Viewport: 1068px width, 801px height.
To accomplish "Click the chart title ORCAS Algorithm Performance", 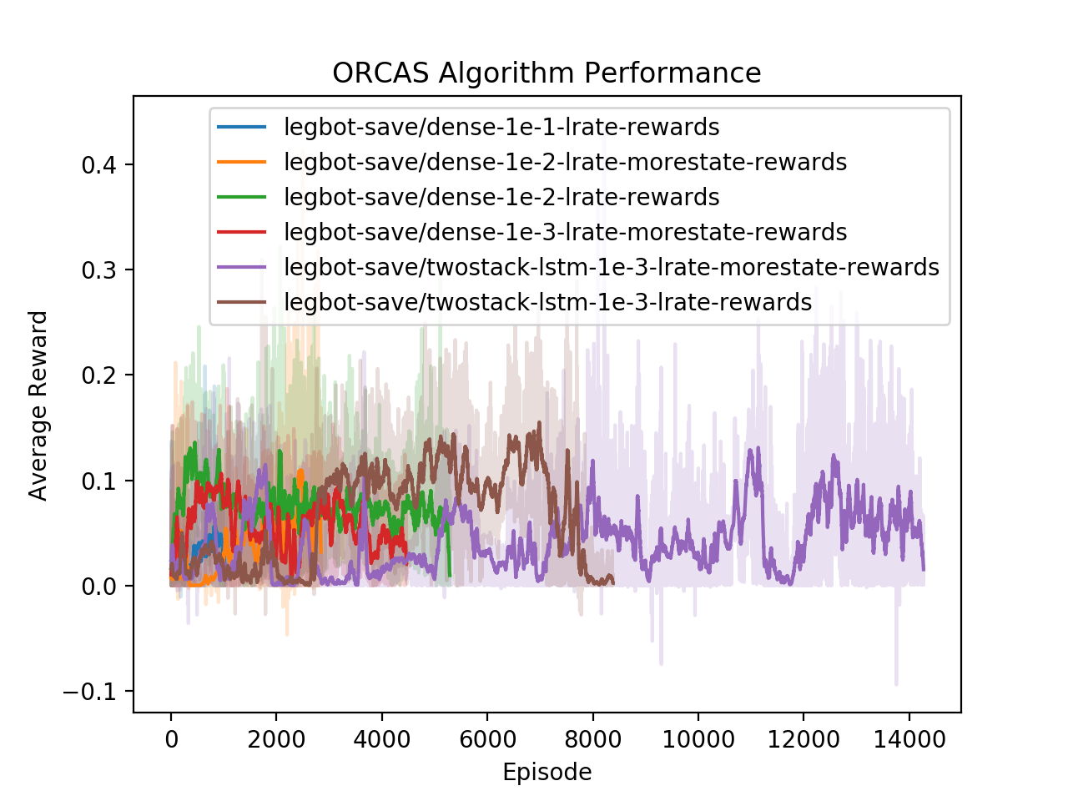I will pos(547,73).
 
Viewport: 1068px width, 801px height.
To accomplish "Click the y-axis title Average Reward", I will pos(38,406).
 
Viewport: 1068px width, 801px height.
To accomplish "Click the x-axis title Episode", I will pos(547,773).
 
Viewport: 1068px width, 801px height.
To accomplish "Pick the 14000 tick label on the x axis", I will pos(909,739).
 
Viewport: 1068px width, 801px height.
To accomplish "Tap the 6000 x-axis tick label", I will pos(487,739).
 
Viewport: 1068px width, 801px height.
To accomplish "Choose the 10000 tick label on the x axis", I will pos(698,739).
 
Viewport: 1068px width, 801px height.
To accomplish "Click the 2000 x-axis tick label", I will pos(276,739).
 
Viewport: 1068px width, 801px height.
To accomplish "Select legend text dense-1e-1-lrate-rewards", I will pos(501,127).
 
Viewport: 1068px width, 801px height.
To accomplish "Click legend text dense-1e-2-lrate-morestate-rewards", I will pos(565,162).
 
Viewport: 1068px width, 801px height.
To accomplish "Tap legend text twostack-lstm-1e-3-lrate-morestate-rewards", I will pos(612,267).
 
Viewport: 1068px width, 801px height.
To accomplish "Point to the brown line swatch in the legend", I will pos(242,302).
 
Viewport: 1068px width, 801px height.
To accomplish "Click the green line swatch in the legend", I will pos(242,197).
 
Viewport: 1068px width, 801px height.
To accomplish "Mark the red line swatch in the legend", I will pos(242,232).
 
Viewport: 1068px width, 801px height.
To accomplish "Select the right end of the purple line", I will pos(924,570).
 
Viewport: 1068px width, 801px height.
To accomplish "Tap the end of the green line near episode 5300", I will pos(450,575).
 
